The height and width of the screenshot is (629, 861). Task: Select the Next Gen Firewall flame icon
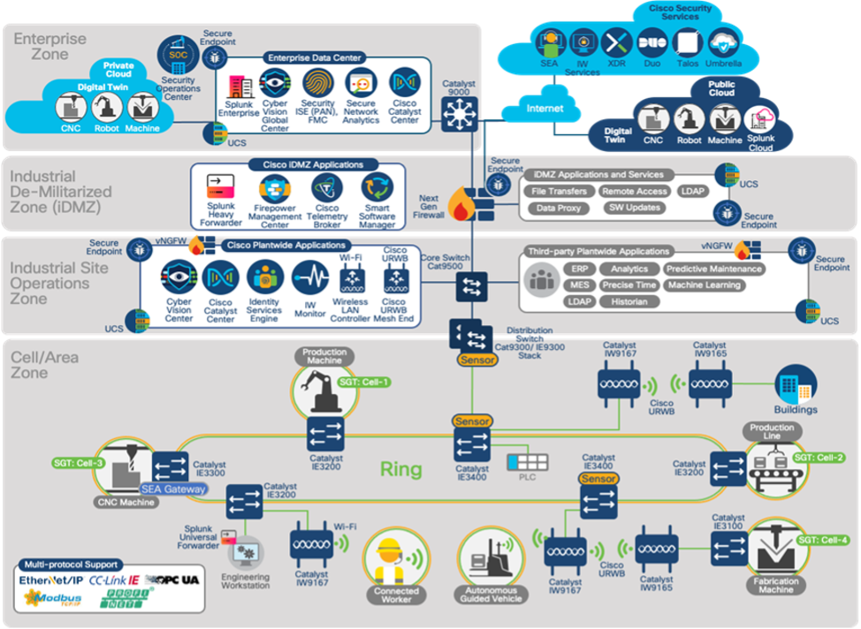coord(460,205)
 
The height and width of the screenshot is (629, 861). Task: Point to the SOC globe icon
coord(173,55)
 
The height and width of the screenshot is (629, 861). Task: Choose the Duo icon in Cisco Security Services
coord(651,42)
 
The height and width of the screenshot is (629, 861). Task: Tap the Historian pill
coord(629,302)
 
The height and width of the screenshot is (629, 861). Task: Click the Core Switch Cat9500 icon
coord(467,285)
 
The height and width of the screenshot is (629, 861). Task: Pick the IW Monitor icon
coord(309,278)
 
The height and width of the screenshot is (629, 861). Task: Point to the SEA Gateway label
coord(174,489)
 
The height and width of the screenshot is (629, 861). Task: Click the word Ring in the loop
coord(400,469)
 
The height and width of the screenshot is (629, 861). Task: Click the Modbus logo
coord(50,599)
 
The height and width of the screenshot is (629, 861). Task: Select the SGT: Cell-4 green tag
coord(823,540)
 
